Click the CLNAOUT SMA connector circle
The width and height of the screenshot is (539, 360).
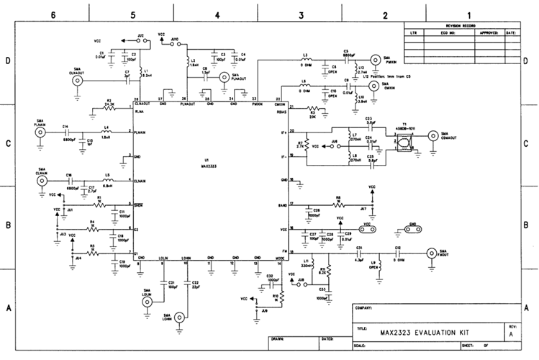click(x=77, y=81)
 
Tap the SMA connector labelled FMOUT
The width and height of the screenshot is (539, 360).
click(x=432, y=253)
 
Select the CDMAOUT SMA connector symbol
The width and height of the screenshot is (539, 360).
click(x=433, y=135)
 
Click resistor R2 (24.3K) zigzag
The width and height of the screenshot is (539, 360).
click(x=109, y=109)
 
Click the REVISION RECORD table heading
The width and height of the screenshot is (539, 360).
click(x=461, y=25)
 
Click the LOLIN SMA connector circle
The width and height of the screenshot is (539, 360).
click(x=148, y=303)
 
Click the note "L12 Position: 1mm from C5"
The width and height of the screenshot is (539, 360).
click(x=386, y=76)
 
